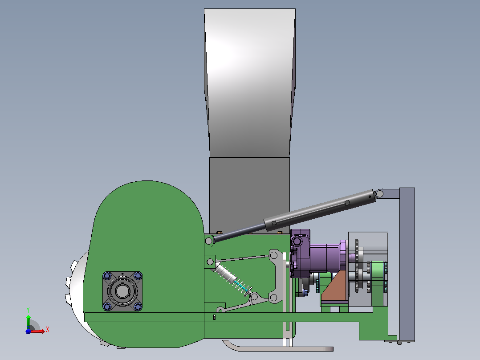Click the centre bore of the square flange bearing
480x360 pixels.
[x=122, y=290]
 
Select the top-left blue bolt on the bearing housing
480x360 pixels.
[x=107, y=276]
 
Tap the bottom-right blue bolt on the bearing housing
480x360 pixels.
[x=138, y=306]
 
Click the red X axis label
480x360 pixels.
[x=48, y=330]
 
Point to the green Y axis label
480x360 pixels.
[x=28, y=310]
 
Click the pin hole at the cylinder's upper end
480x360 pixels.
[x=379, y=194]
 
